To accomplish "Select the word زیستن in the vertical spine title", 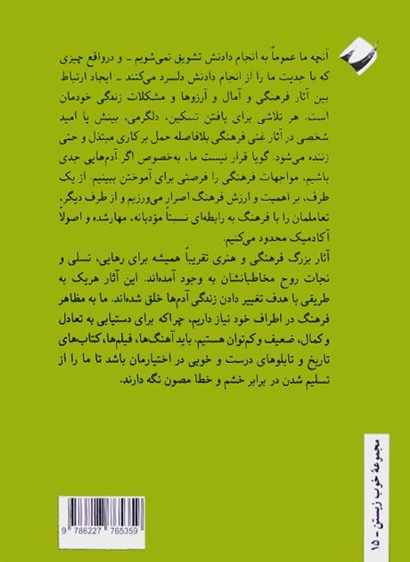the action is tap(376, 500).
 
